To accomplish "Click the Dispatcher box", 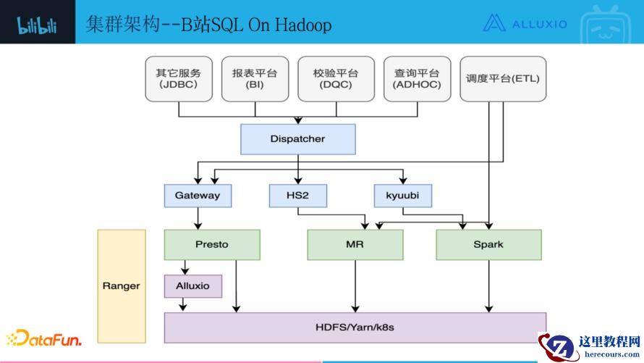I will (x=297, y=139).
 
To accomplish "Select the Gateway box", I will (x=198, y=196).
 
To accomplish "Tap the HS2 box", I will (x=297, y=196).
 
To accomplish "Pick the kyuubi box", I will (x=402, y=196).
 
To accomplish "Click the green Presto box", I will (x=212, y=245).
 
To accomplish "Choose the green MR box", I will (x=355, y=245).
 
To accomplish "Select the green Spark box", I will (x=488, y=245).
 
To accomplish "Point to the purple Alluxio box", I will (x=193, y=286).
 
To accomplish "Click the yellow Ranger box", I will (x=122, y=286).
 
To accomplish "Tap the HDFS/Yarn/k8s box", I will (x=355, y=327).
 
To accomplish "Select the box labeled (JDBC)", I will (x=179, y=79).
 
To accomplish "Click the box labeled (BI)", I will (x=255, y=79).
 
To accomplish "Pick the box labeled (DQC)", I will (x=336, y=79).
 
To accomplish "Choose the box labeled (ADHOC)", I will (x=417, y=79).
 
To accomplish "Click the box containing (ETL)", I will (x=503, y=79).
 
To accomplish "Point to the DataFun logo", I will (x=44, y=338).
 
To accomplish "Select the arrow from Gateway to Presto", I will (x=198, y=217).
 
